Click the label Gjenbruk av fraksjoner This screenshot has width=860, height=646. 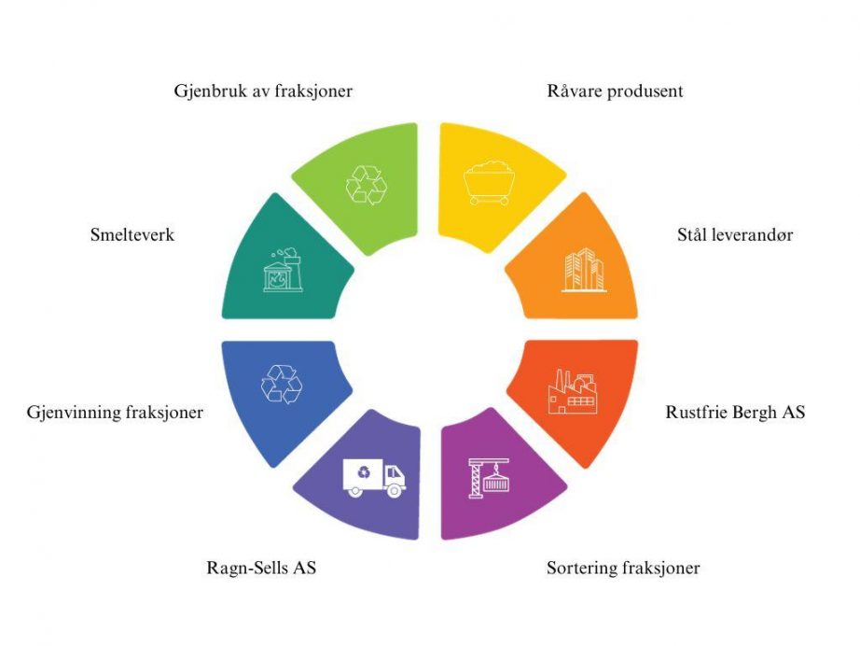[x=263, y=91]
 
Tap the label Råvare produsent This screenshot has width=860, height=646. [x=615, y=91]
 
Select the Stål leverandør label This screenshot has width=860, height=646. [x=735, y=235]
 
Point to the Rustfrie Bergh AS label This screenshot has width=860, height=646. [x=735, y=413]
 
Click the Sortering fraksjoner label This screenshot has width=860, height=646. [x=623, y=568]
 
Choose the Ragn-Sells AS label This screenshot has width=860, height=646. [x=261, y=568]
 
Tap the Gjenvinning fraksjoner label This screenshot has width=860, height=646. [x=115, y=413]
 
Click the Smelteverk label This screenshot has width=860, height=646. [x=132, y=235]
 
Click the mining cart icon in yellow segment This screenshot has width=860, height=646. [x=489, y=183]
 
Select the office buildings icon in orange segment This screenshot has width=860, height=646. [x=584, y=270]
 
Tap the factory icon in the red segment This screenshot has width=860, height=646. [x=573, y=392]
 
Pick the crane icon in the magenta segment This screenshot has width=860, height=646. [x=490, y=478]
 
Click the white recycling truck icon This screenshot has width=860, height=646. [x=374, y=478]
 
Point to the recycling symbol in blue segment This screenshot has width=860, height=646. [x=282, y=384]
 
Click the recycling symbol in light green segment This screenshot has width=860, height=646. [x=367, y=185]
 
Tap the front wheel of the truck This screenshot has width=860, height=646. [x=394, y=490]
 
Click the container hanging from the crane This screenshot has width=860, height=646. [x=496, y=483]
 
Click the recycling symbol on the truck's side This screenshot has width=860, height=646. [x=363, y=472]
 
